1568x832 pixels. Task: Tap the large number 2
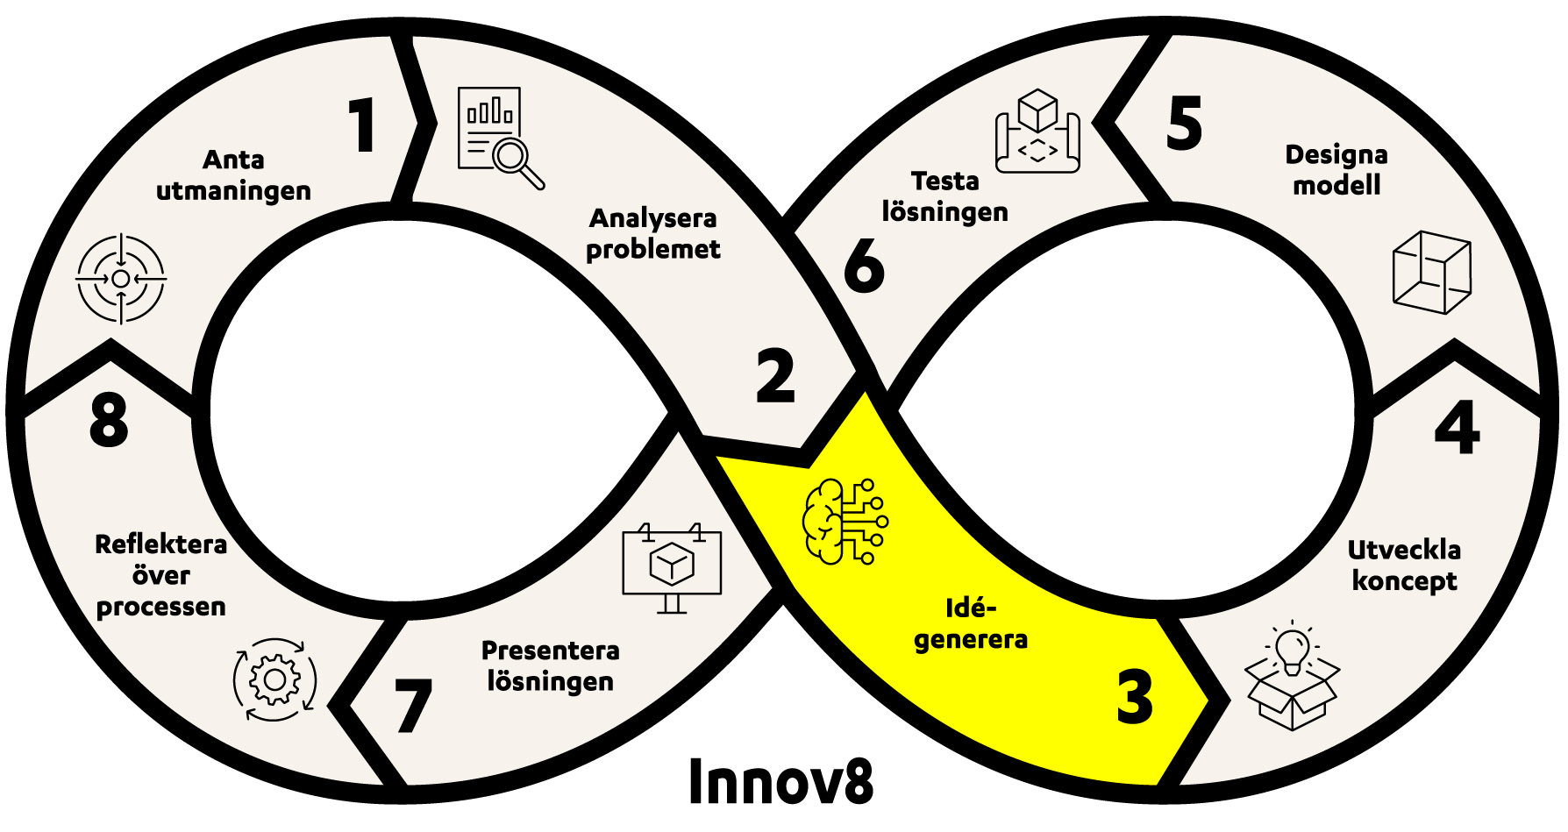pos(775,376)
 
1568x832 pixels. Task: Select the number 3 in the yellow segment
pos(1135,697)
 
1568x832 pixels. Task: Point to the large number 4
pos(1457,428)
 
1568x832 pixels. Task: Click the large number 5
pos(1184,124)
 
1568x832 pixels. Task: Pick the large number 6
pos(864,264)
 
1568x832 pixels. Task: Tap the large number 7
pos(412,705)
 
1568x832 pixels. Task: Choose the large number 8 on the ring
pos(109,420)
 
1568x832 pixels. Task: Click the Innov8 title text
pos(780,781)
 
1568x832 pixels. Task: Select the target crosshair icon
pos(121,279)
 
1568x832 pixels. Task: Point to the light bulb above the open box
pos(1292,650)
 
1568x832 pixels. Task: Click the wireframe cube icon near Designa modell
pos(1431,272)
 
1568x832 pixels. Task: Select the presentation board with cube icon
pos(672,567)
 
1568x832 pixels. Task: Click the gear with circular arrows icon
pos(274,679)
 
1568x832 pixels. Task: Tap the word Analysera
pos(652,217)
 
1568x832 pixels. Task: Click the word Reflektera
pos(160,544)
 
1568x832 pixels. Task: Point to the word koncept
pos(1404,581)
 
